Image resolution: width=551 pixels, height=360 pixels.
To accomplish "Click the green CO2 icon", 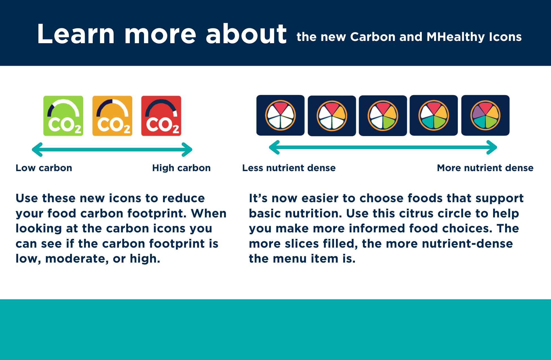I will pos(63,116).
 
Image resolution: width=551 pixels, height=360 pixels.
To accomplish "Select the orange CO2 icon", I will pos(112,116).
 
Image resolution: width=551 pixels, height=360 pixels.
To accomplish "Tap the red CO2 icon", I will pos(161,116).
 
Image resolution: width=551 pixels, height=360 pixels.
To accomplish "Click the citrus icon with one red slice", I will pos(280,115).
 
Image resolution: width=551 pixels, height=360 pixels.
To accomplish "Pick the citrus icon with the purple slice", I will pos(485,115).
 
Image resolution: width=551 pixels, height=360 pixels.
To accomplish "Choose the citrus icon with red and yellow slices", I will pos(332,116).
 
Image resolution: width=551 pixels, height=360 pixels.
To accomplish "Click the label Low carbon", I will pos(44,168).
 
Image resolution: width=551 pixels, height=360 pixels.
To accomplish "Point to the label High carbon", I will pos(181,168).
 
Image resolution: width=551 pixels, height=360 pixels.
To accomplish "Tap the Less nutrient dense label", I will pos(289,168).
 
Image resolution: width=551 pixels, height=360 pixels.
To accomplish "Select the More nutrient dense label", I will pos(485,168).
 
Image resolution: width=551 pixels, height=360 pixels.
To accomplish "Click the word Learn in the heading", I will pos(76,34).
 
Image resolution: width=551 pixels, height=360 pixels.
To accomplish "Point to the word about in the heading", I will pos(246,34).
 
